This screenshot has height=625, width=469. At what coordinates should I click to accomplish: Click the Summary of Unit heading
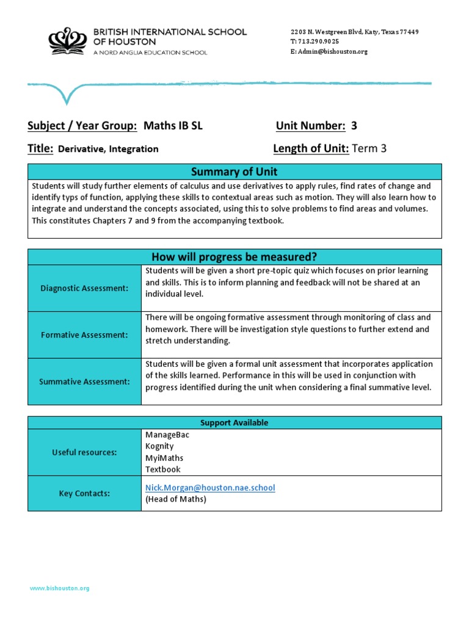pyautogui.click(x=234, y=172)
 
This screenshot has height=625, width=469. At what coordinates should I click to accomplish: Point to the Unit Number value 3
pyautogui.click(x=354, y=126)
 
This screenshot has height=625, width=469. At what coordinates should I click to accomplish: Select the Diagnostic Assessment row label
pyautogui.click(x=84, y=288)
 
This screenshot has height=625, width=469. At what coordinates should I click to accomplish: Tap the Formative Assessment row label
pyautogui.click(x=84, y=334)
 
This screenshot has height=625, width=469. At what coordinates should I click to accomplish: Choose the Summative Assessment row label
pyautogui.click(x=84, y=381)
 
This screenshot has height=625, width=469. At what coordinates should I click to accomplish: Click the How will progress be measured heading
pyautogui.click(x=234, y=256)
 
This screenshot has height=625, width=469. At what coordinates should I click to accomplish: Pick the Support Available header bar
pyautogui.click(x=234, y=422)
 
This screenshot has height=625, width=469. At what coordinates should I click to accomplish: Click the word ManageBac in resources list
pyautogui.click(x=163, y=435)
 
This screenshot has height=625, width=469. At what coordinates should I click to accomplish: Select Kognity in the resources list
pyautogui.click(x=159, y=446)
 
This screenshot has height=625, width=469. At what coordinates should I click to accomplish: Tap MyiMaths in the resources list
pyautogui.click(x=164, y=458)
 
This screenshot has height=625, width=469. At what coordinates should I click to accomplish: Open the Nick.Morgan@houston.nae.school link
pyautogui.click(x=210, y=488)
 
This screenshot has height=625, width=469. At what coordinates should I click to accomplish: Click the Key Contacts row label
pyautogui.click(x=84, y=493)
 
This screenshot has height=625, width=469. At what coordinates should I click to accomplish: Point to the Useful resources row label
pyautogui.click(x=84, y=452)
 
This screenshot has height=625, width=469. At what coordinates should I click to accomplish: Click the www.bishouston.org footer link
pyautogui.click(x=60, y=588)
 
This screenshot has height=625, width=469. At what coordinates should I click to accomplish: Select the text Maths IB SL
pyautogui.click(x=173, y=126)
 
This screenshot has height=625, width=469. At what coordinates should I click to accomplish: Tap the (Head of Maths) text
pyautogui.click(x=176, y=499)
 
